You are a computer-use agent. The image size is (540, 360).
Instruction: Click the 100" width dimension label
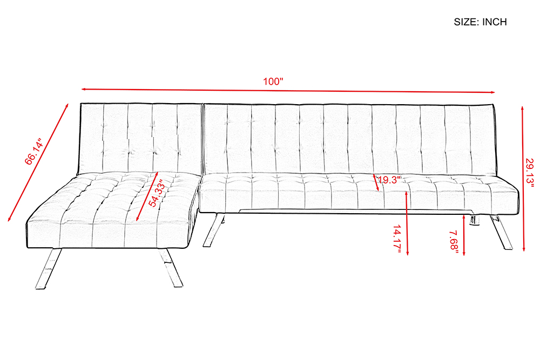pos(273,81)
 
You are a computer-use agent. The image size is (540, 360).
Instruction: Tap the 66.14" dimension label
pos(33,152)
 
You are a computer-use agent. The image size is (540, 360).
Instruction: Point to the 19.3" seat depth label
pos(389,180)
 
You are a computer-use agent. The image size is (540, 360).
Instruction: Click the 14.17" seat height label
pos(397,239)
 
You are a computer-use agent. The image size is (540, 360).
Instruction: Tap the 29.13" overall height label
pos(529,172)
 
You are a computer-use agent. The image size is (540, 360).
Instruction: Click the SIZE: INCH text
pos(480,22)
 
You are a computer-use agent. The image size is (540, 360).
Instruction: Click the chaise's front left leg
pos(49,268)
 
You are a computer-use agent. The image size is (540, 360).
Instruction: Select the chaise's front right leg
pos(171,267)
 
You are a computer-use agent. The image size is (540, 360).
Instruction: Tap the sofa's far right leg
pos(502,232)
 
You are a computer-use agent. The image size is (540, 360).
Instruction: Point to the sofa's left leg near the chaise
pos(213,230)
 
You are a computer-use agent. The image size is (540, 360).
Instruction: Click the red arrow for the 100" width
pos(288,91)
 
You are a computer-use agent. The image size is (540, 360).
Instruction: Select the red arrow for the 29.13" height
pos(523,179)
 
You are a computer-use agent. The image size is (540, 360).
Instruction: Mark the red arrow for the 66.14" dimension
pos(38,162)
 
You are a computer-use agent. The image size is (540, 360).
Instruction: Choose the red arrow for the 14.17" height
pos(407,223)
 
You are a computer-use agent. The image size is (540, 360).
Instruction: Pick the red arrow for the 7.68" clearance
pos(464,235)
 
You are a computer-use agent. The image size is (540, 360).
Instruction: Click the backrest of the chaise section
pos(140,138)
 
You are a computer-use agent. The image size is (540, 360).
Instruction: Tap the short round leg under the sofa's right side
pos(475,221)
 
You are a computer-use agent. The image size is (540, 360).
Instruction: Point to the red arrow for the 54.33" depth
pos(147,196)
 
